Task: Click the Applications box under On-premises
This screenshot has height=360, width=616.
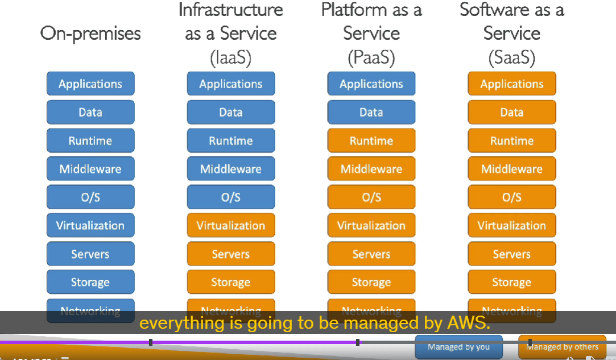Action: [90, 84]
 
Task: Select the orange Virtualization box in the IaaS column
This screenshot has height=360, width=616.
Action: [231, 225]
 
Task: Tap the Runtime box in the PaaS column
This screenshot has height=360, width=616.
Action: [371, 140]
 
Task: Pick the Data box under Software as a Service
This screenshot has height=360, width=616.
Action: [512, 112]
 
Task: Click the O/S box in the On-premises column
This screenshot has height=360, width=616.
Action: [90, 197]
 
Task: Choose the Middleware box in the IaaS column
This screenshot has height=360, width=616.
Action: [231, 169]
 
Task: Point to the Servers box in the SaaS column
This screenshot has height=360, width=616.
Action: [512, 254]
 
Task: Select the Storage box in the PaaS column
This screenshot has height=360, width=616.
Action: [371, 282]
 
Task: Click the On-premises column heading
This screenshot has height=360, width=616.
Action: [90, 34]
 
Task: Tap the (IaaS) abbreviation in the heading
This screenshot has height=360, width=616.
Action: [230, 57]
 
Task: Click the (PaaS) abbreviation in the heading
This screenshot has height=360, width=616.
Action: [371, 57]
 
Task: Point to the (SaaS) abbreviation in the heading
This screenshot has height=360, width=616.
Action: [512, 57]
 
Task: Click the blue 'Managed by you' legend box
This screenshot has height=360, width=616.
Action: [459, 347]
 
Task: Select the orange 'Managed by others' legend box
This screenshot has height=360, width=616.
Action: [562, 347]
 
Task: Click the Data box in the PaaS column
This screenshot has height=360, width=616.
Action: [371, 112]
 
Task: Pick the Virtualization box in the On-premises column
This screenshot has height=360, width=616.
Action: [90, 225]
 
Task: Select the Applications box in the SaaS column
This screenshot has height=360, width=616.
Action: [512, 84]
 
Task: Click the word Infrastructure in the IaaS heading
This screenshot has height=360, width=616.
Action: [230, 10]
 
